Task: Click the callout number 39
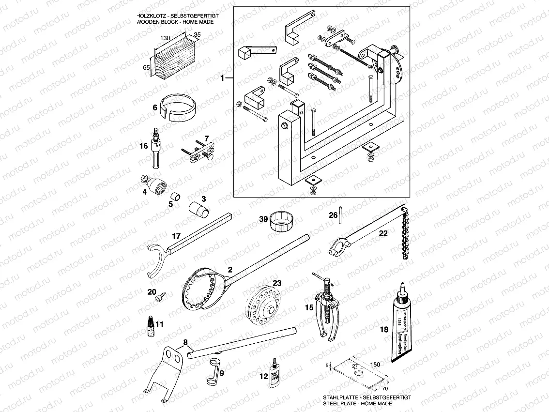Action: point(263,219)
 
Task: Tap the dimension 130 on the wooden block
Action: point(166,37)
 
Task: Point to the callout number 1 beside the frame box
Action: point(223,77)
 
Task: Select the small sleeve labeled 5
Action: point(177,197)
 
